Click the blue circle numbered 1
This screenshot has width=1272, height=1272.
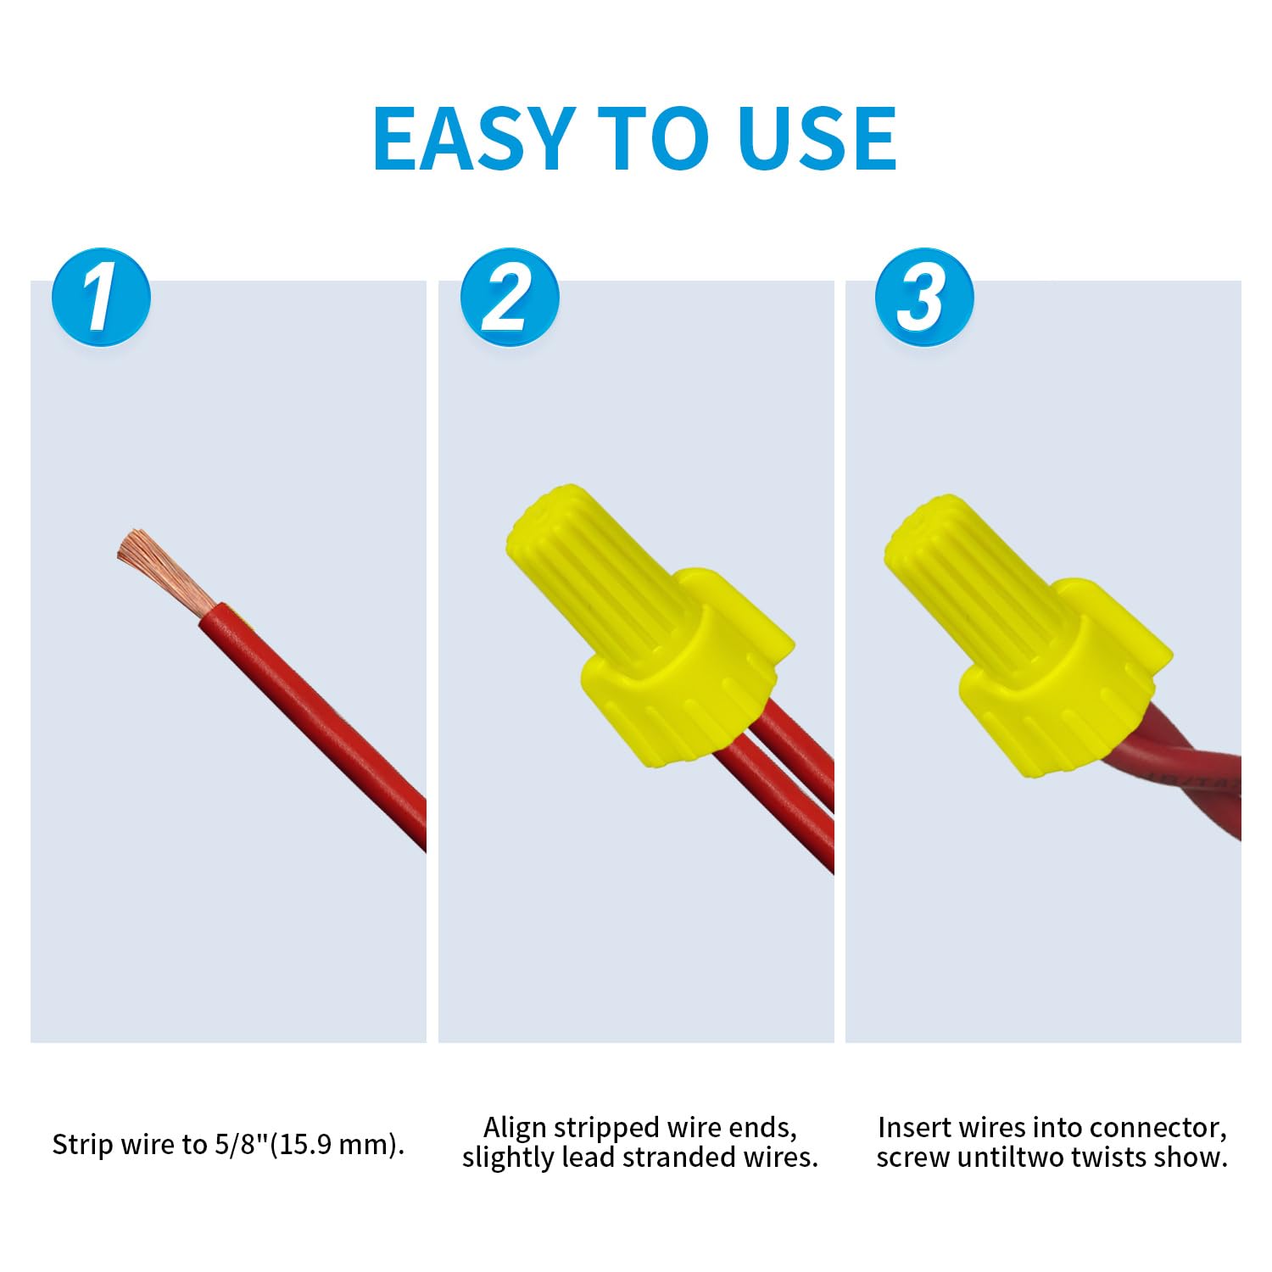tap(101, 297)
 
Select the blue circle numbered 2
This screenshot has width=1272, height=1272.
tap(510, 297)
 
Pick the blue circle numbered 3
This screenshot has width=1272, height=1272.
tap(923, 297)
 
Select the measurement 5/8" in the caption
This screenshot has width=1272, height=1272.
tap(241, 1145)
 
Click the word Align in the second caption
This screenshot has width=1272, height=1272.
tap(514, 1128)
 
